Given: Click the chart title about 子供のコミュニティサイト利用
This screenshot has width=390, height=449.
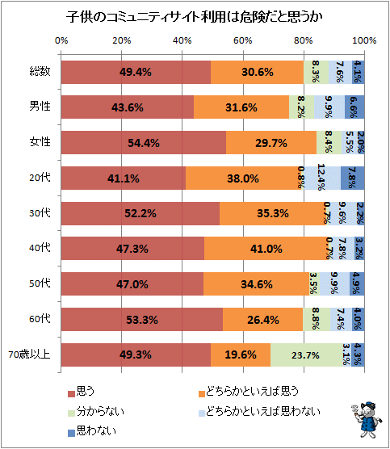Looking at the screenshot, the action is [194, 17].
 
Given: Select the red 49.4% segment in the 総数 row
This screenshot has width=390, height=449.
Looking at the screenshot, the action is [136, 72].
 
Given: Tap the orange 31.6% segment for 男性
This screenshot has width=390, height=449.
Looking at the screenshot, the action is [241, 107].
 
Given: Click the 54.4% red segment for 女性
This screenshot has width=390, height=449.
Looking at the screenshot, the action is [144, 143].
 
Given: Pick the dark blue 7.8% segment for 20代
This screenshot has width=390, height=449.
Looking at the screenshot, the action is [353, 178].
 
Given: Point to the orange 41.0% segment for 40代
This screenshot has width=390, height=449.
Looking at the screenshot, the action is [266, 248].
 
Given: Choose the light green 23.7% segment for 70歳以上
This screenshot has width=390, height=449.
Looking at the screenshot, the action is [306, 355].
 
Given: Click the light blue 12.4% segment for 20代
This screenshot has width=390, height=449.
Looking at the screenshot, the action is [322, 178].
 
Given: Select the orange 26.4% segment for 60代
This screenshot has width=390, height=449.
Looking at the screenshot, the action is [263, 319].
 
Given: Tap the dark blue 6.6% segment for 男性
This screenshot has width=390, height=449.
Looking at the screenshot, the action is [354, 107].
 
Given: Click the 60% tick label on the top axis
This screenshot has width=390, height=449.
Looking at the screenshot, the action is [243, 40].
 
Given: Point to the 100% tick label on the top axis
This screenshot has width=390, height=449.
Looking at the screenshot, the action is [364, 40].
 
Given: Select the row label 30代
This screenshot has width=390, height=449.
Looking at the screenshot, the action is [40, 213].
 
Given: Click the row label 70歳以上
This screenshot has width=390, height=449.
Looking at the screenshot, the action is [30, 355].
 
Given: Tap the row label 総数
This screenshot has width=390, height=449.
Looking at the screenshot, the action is [40, 72].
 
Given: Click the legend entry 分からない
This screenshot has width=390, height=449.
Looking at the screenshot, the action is [96, 412].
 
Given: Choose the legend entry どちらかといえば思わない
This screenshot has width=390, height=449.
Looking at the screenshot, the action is [259, 412].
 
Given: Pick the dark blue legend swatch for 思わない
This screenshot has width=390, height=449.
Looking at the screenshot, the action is [71, 433].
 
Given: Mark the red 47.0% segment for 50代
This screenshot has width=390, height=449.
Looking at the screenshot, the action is [132, 283].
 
